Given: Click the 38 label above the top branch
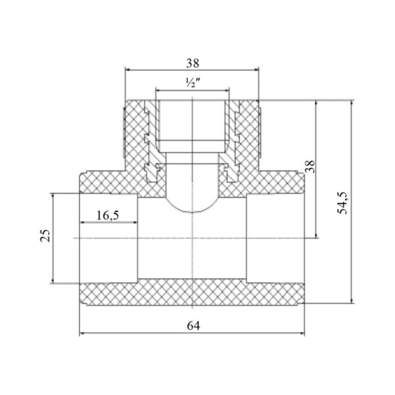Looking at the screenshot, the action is pos(193,63).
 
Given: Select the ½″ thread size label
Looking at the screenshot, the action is pos(193,82).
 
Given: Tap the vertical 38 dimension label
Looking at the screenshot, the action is pos(310,167).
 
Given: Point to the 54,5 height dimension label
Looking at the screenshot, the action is pos(342,203).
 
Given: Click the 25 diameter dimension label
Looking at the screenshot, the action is pos(45,236).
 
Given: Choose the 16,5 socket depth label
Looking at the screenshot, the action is pos(107,216).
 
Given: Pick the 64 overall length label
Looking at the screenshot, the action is pos(194,326).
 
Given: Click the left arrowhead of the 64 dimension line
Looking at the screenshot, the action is pos(82,334).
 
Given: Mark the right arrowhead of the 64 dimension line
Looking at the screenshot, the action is pos(302,334).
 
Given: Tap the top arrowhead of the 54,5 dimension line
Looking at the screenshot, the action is pos(352,103).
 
